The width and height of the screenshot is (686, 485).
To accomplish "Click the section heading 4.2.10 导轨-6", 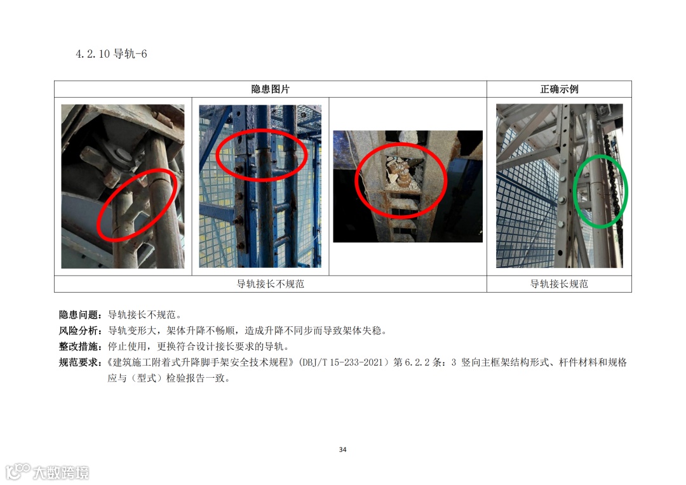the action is point(111,54).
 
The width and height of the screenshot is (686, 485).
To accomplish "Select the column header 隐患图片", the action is point(271,90).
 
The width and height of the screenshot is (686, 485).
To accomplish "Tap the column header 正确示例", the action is point(559,90).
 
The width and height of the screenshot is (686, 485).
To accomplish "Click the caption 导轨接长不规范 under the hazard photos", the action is point(271,284).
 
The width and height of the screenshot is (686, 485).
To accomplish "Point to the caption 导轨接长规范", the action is point(559,284).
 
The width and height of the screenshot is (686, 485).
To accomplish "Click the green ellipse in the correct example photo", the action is point(574,191).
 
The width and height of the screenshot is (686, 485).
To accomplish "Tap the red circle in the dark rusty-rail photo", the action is point(356,180).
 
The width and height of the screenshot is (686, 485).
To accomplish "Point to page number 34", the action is point(342,449).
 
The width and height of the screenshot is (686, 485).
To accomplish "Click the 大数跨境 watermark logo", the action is point(47,472).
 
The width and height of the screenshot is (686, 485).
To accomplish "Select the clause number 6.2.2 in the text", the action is point(417,362).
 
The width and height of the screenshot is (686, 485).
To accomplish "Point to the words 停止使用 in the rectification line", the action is point(127,347).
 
